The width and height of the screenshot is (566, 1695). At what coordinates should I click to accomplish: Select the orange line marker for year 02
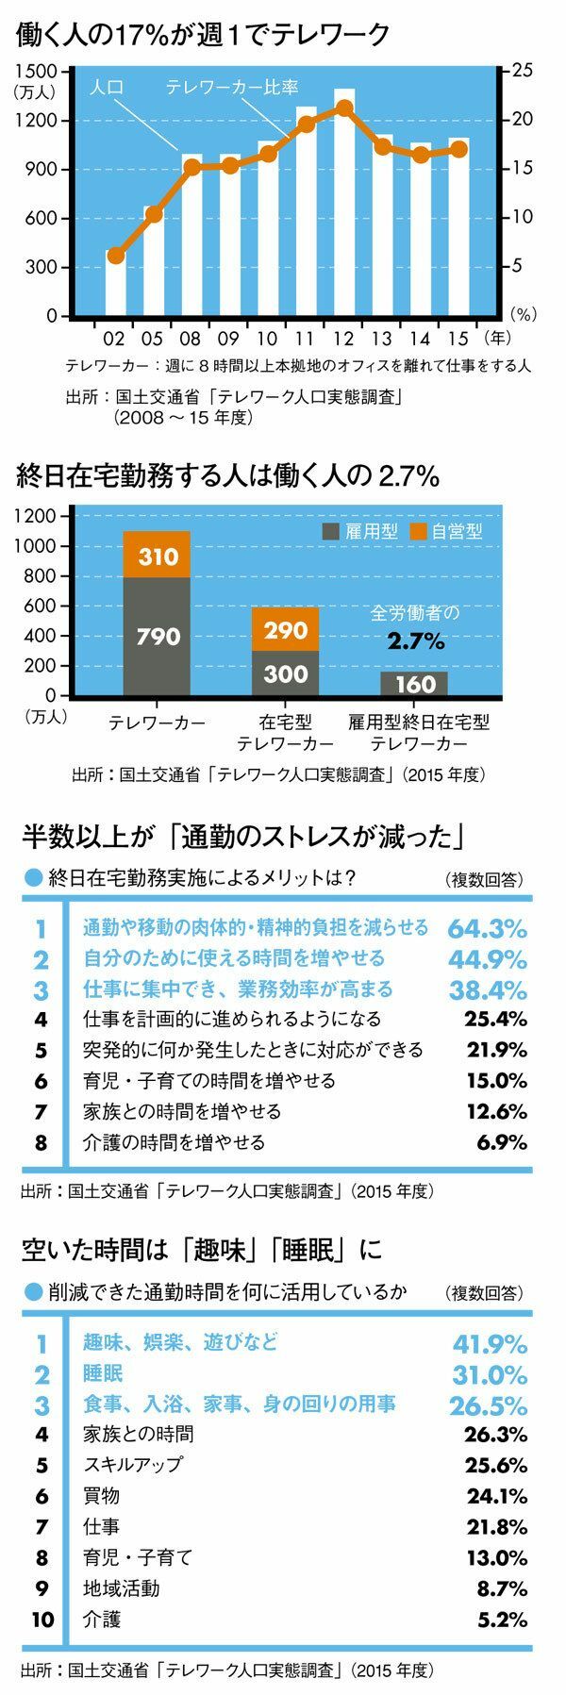pyautogui.click(x=116, y=256)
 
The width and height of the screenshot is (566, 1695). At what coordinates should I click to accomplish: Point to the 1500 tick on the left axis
pyautogui.click(x=38, y=71)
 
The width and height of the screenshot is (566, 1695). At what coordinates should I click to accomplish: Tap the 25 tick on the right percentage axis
pyautogui.click(x=522, y=71)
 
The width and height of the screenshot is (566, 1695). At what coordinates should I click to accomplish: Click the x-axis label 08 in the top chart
pyautogui.click(x=191, y=337)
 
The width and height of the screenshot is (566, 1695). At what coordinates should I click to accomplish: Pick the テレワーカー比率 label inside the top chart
pyautogui.click(x=232, y=88)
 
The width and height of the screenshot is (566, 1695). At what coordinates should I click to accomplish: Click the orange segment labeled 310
pyautogui.click(x=157, y=557)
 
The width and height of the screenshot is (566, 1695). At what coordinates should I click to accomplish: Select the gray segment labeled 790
pyautogui.click(x=157, y=637)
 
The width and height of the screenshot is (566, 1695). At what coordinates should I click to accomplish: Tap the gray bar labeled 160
pyautogui.click(x=414, y=684)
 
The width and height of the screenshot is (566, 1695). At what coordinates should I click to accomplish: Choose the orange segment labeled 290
pyautogui.click(x=285, y=629)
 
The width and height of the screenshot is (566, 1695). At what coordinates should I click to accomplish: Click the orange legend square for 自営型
pyautogui.click(x=419, y=531)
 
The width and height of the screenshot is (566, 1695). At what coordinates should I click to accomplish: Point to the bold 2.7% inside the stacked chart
pyautogui.click(x=415, y=642)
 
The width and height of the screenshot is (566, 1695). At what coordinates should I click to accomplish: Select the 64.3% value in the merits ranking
pyautogui.click(x=487, y=928)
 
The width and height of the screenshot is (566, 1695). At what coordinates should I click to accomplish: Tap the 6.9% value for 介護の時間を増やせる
pyautogui.click(x=502, y=1142)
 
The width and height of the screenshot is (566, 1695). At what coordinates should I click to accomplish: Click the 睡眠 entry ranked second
pyautogui.click(x=103, y=1372)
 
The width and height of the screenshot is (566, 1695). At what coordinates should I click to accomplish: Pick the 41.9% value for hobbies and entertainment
pyautogui.click(x=489, y=1343)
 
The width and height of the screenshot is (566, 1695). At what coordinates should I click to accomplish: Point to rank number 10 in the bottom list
pyautogui.click(x=41, y=1620)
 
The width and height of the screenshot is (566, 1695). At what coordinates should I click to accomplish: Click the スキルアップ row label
pyautogui.click(x=132, y=1465)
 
